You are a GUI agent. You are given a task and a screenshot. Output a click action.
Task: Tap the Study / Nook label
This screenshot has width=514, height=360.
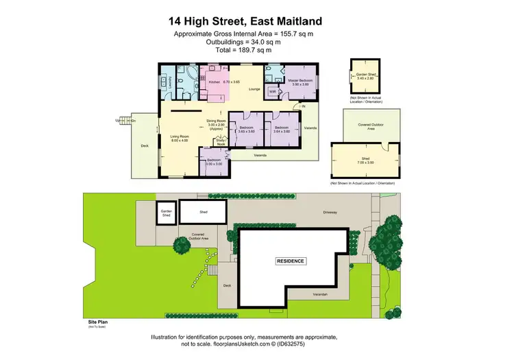tap(221, 143)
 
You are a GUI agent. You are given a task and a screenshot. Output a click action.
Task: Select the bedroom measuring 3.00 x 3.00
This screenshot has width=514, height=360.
tap(215, 162)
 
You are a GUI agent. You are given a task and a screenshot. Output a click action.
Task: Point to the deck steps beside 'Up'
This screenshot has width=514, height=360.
tap(124, 120)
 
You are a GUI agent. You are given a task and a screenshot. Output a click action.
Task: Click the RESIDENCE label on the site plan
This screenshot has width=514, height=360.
tap(291, 261)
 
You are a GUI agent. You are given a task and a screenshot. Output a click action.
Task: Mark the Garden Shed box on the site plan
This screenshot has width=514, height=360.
tap(165, 213)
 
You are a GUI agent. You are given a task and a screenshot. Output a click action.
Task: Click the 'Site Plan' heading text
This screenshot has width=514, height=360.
tap(90, 320)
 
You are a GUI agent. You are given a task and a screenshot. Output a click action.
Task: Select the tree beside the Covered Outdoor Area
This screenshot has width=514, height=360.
tap(182, 244)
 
